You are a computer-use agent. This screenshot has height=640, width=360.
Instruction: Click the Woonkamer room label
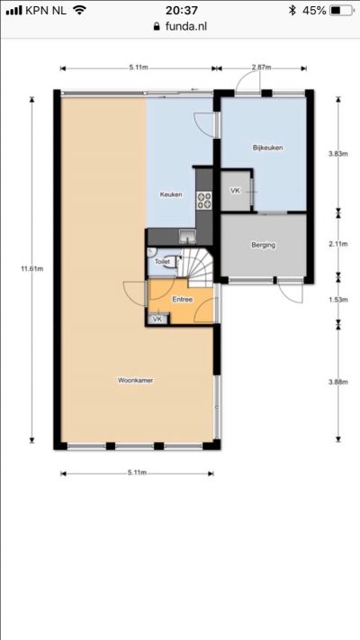point(136,381)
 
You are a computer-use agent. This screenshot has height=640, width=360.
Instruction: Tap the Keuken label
point(171,194)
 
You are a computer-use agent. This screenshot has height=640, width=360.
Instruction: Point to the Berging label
point(264,246)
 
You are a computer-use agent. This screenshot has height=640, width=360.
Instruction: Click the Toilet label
point(161,262)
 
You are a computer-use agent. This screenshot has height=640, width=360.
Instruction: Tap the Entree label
point(183,299)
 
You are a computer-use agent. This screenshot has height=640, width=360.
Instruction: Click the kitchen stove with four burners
point(204,201)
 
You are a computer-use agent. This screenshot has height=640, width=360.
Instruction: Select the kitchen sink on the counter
point(187,237)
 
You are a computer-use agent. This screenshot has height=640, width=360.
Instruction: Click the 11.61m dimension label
point(31,268)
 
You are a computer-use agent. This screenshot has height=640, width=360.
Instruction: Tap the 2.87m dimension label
point(261,68)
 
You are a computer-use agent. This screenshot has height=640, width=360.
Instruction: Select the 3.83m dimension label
point(338,154)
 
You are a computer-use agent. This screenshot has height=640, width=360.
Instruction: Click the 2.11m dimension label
point(338,244)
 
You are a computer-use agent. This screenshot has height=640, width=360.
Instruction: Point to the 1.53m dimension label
point(338,300)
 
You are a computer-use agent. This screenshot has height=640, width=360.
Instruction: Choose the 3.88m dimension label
point(338,382)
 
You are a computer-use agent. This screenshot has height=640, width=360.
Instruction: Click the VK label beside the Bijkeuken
point(236,191)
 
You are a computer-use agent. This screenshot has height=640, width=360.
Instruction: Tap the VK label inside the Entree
point(157,320)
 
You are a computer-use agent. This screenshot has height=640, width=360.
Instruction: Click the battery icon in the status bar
point(341,11)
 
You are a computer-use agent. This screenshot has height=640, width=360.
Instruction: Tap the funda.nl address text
point(186,26)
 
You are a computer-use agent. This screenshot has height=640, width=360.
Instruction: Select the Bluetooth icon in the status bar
point(292,11)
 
